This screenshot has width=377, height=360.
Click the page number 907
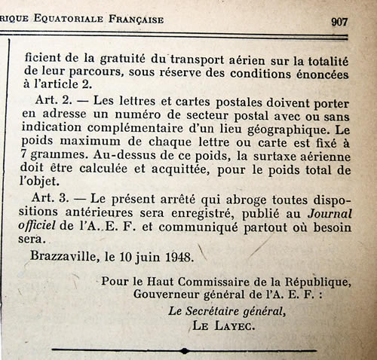pyautogui.click(x=339, y=21)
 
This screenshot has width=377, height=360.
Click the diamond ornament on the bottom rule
pyautogui.click(x=185, y=350)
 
